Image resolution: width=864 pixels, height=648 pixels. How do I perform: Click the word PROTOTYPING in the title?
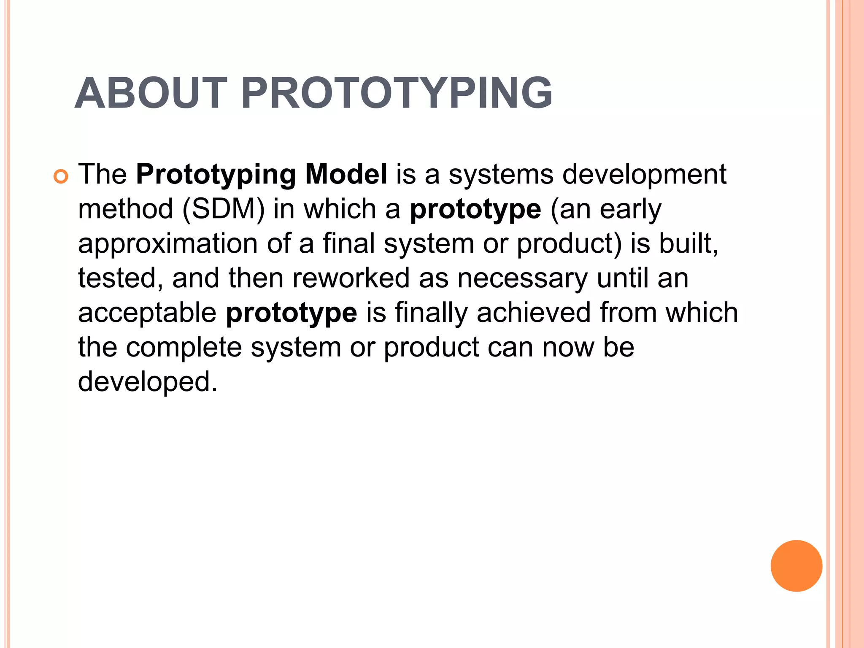396,93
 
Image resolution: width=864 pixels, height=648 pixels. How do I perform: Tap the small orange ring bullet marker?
61,177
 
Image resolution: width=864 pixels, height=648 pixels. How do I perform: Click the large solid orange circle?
796,566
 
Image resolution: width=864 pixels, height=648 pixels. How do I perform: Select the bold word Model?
346,174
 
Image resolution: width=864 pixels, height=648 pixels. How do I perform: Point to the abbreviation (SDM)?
223,209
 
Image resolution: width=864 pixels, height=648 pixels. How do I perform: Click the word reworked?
351,278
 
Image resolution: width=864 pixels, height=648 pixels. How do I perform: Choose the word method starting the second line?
125,209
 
